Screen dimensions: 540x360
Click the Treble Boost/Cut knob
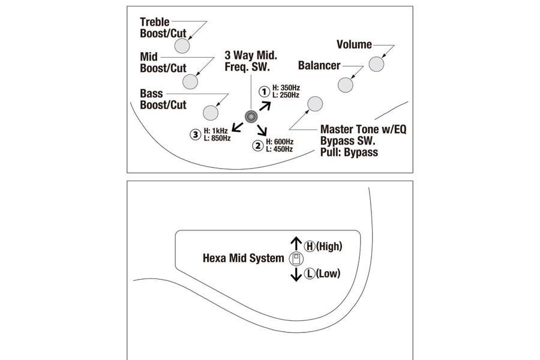click(x=182, y=46)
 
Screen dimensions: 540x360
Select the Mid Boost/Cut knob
click(x=190, y=82)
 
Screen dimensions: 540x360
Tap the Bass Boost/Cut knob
click(x=211, y=113)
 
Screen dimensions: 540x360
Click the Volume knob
click(x=376, y=64)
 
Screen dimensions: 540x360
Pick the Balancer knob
click(x=346, y=85)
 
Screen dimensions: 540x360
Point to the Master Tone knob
click(x=315, y=104)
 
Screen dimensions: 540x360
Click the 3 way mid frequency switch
click(x=251, y=117)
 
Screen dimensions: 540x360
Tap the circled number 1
click(x=264, y=92)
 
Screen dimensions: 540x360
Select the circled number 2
click(x=257, y=145)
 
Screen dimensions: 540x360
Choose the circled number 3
click(x=195, y=134)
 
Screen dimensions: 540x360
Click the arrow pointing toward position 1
click(x=265, y=106)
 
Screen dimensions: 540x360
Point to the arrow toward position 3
click(x=238, y=127)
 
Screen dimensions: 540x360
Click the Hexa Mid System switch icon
click(x=296, y=259)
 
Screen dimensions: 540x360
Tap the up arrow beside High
click(x=296, y=243)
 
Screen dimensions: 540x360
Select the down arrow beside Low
click(x=296, y=275)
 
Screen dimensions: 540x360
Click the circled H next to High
click(x=310, y=247)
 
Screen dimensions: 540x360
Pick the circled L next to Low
click(x=310, y=274)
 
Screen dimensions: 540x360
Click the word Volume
click(x=354, y=44)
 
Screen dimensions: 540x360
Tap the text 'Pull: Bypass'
click(x=349, y=152)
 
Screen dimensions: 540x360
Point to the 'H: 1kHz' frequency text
click(x=216, y=131)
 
